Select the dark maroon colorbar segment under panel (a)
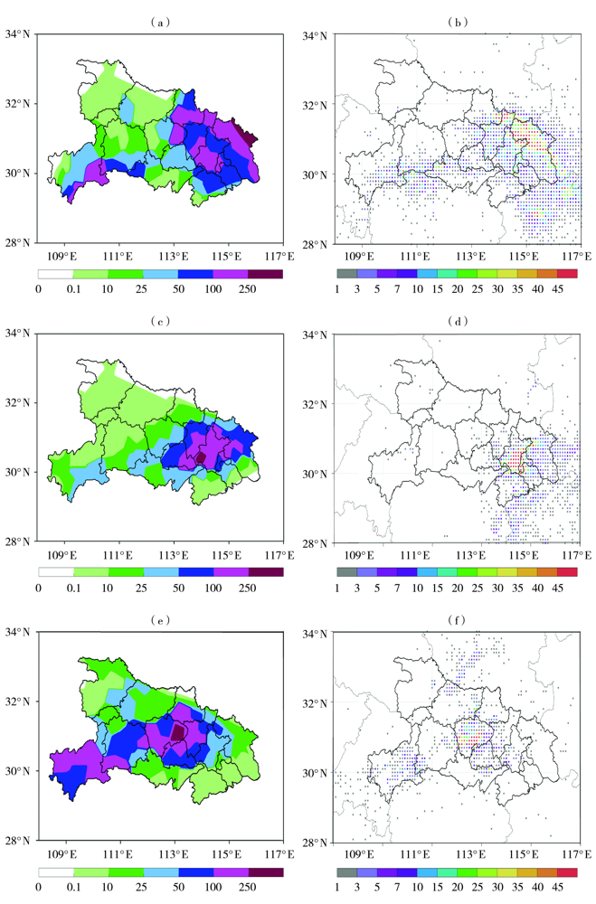(x=265, y=272)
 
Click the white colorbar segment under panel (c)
(x=55, y=571)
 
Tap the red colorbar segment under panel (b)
(x=567, y=273)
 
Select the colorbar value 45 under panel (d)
(x=558, y=588)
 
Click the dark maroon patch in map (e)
(x=179, y=732)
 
